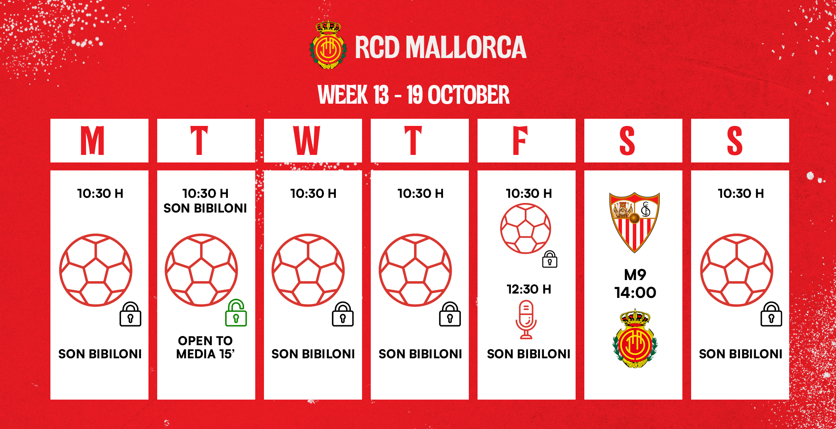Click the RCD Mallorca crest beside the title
click(328, 45)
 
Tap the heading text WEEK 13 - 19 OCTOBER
click(414, 95)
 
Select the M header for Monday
click(92, 141)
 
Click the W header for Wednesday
click(306, 141)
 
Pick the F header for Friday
click(520, 141)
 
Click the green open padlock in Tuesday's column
click(236, 313)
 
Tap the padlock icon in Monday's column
click(130, 314)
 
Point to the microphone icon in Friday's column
click(526, 320)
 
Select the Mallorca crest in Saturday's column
click(635, 339)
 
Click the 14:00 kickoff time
click(635, 293)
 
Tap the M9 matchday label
click(635, 274)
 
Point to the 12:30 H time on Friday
click(529, 289)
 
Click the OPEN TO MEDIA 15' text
click(205, 347)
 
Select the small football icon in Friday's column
click(526, 228)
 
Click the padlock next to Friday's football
click(550, 259)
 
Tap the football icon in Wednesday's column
click(308, 270)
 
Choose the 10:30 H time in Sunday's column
click(741, 193)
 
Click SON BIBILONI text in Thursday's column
click(420, 354)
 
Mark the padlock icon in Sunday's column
click(771, 314)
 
